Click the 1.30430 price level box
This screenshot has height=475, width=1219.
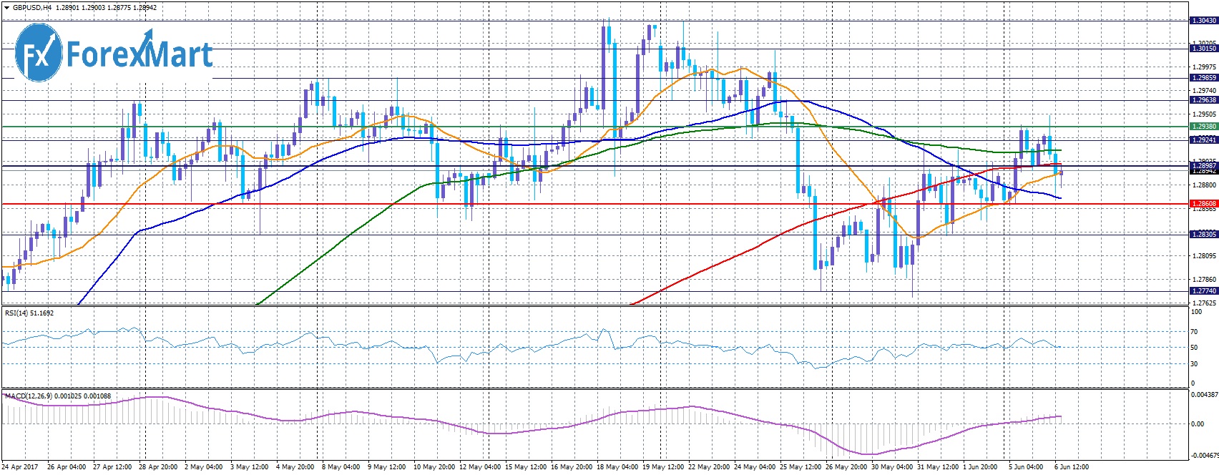pyautogui.click(x=1203, y=21)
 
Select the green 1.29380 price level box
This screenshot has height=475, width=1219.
pyautogui.click(x=1203, y=127)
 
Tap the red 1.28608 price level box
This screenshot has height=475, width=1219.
pyautogui.click(x=1203, y=204)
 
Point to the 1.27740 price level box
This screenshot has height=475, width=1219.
pyautogui.click(x=1203, y=291)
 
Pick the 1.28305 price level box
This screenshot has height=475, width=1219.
pyautogui.click(x=1203, y=235)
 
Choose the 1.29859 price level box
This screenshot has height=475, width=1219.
pyautogui.click(x=1203, y=78)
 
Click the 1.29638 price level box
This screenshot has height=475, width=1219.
pyautogui.click(x=1203, y=101)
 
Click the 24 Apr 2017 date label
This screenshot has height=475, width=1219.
pyautogui.click(x=20, y=467)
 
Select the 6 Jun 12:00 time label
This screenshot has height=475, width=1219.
pyautogui.click(x=1071, y=467)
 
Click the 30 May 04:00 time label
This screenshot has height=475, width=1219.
pyautogui.click(x=891, y=467)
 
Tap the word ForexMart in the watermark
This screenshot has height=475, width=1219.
pyautogui.click(x=139, y=55)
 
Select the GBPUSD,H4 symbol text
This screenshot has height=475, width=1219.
pyautogui.click(x=32, y=8)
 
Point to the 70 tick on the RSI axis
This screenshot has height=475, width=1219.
pyautogui.click(x=1194, y=332)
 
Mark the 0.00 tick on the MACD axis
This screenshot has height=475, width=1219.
pyautogui.click(x=1197, y=423)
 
